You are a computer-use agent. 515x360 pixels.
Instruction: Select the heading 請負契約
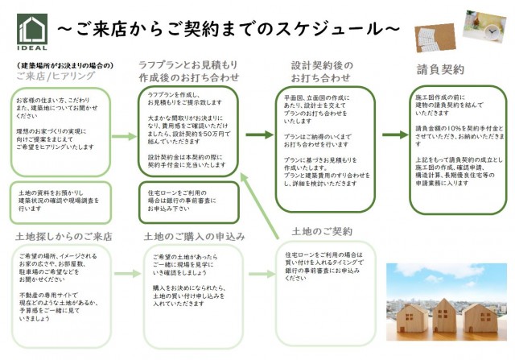(441, 69)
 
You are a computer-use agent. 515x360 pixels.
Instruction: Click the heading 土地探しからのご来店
(64, 237)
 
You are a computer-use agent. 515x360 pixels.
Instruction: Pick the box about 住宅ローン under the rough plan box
(188, 201)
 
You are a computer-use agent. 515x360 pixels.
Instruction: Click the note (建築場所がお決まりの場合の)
(63, 64)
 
